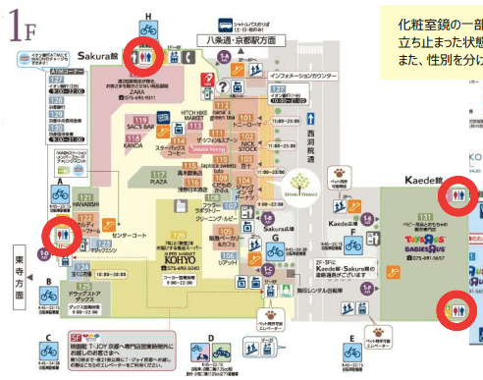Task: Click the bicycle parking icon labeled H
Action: [x=147, y=30]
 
